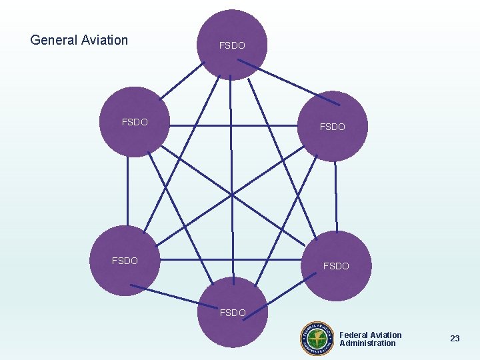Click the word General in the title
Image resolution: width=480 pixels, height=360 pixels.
click(53, 40)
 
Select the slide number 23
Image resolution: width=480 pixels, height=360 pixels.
click(455, 339)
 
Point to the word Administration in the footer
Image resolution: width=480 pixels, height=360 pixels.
click(367, 343)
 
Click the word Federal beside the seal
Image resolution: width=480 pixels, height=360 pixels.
click(353, 335)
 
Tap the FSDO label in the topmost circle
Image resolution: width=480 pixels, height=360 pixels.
click(232, 45)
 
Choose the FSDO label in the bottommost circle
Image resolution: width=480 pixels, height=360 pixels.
click(232, 312)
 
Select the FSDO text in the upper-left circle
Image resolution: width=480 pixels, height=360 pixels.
click(135, 122)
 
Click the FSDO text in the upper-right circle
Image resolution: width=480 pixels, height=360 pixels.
click(333, 127)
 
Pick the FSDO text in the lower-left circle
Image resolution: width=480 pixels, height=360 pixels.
click(125, 261)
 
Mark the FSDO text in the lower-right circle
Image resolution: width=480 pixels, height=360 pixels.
click(336, 266)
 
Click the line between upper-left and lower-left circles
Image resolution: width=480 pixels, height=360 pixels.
click(127, 193)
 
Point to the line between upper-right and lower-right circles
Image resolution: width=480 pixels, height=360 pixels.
click(336, 197)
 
